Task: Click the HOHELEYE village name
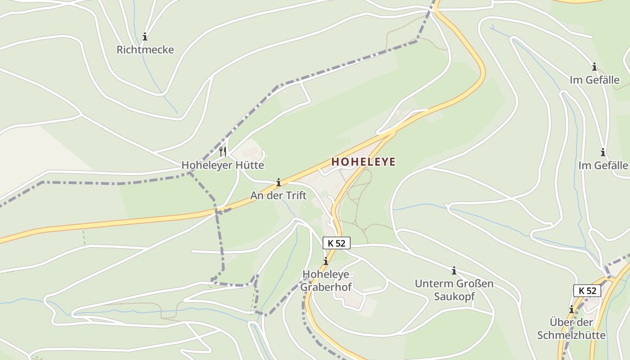364,162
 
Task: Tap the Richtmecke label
145,49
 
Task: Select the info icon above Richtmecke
145,36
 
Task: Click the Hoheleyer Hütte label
223,165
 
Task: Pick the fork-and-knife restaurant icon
223,151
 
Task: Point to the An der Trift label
278,195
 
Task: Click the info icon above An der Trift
279,182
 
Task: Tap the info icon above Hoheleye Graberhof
326,261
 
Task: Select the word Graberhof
326,287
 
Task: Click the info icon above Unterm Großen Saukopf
454,271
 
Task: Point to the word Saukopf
454,297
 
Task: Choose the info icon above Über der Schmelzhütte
571,310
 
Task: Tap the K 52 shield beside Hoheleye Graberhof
337,243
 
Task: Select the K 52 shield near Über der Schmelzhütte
587,291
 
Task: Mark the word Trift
295,195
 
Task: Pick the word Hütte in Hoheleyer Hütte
249,165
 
